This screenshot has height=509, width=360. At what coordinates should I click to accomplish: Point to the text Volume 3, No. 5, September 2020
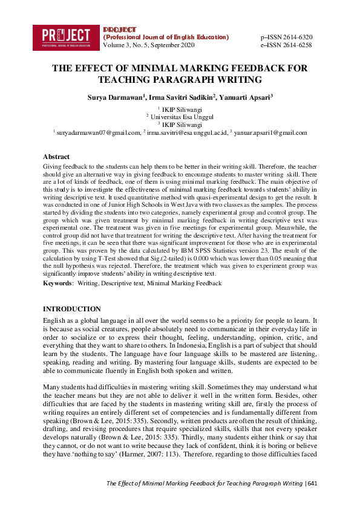pyautogui.click(x=149, y=45)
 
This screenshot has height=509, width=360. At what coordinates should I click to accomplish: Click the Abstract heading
pyautogui.click(x=56, y=157)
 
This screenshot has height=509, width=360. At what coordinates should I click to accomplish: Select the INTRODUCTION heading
pyautogui.click(x=72, y=309)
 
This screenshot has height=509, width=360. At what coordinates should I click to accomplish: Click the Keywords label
pyautogui.click(x=57, y=283)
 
